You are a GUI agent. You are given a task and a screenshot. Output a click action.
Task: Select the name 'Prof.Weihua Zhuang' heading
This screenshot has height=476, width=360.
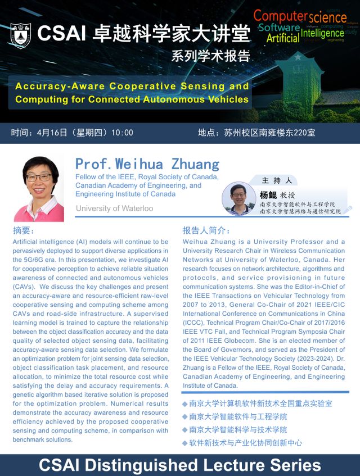point(147,164)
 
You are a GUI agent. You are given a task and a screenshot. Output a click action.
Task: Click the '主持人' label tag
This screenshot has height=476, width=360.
point(277,180)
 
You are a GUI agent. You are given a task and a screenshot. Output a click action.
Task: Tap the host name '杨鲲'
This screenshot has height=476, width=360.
point(268,194)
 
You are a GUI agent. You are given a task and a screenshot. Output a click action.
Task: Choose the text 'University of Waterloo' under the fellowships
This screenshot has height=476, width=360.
point(114,208)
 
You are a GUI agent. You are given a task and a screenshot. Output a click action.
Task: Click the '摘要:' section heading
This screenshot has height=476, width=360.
point(24,230)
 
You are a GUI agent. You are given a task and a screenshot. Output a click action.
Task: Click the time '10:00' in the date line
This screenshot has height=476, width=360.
point(122,133)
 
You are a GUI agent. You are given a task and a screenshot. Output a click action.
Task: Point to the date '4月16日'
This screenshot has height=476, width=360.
point(52,133)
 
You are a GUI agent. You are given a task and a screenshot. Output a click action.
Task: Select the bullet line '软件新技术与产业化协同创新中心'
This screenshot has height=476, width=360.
point(246,443)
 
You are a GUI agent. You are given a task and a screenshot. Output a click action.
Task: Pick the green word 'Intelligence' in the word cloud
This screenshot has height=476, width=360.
point(322,33)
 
